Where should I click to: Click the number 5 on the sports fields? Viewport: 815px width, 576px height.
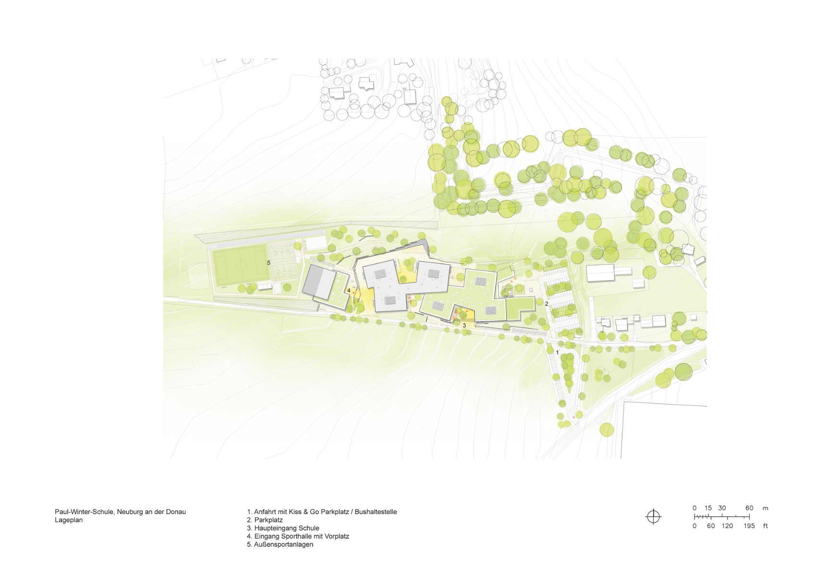269,263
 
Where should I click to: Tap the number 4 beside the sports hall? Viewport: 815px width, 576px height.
349,290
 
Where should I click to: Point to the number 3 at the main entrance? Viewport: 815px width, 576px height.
464,325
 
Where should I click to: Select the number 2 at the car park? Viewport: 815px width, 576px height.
547,304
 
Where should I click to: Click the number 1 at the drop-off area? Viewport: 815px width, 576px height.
557,352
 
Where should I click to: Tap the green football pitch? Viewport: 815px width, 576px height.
240,265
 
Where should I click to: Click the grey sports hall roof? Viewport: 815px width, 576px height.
318,281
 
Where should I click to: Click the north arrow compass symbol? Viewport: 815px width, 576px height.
653,516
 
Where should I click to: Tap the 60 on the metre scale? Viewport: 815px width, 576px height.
749,508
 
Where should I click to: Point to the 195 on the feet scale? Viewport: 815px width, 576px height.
749,526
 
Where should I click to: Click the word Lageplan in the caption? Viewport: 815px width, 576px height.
69,520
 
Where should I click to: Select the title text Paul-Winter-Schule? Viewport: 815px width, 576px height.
84,512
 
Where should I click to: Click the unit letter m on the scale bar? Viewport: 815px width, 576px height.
765,508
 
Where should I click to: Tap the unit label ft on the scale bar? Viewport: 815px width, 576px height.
765,526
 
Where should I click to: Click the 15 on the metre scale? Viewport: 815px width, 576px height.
708,508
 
